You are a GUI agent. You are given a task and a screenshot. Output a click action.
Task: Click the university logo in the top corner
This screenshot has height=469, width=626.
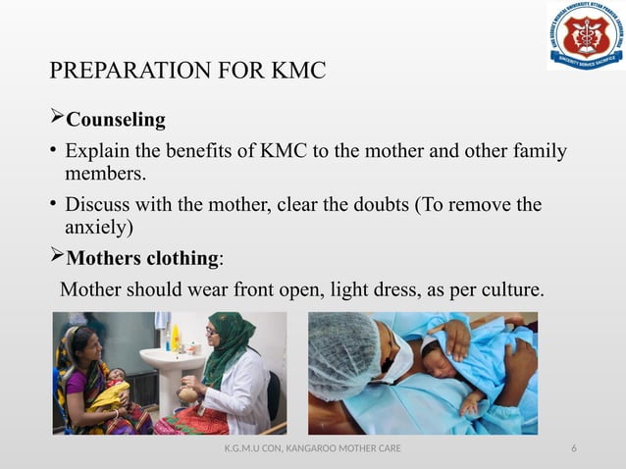click(585, 36)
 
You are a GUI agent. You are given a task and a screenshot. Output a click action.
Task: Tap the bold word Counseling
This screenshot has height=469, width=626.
click(116, 121)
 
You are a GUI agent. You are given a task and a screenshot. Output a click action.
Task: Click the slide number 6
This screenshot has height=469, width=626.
click(574, 449)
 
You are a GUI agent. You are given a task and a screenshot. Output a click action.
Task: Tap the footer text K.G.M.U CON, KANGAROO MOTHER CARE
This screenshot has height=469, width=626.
click(312, 449)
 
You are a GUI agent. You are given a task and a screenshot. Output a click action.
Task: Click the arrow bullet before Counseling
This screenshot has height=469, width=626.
click(56, 121)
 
